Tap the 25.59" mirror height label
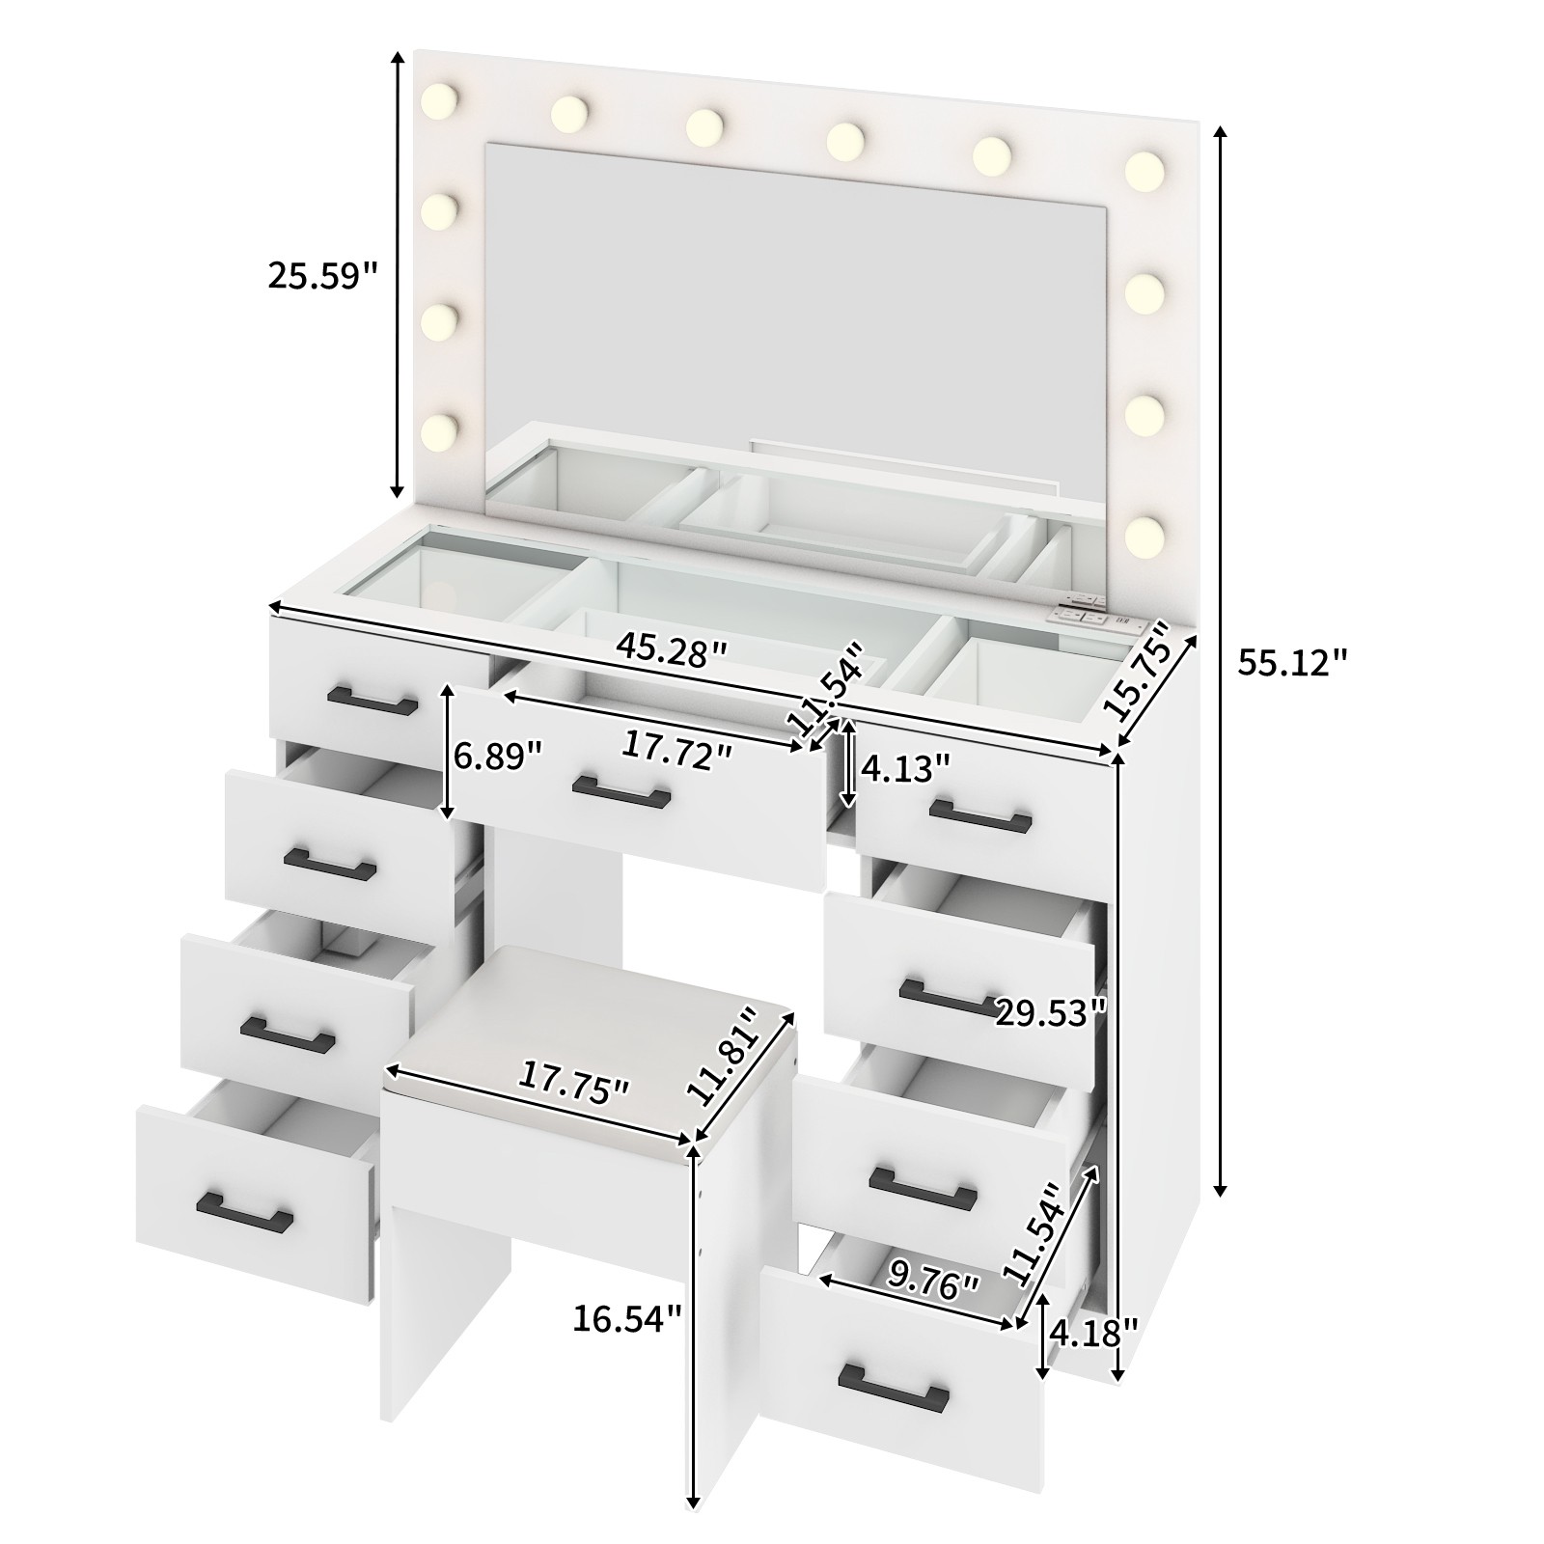[x=321, y=276]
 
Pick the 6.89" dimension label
[x=498, y=756]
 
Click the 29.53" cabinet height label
[x=1050, y=1013]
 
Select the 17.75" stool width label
[x=574, y=1082]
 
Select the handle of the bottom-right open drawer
[x=894, y=1387]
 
